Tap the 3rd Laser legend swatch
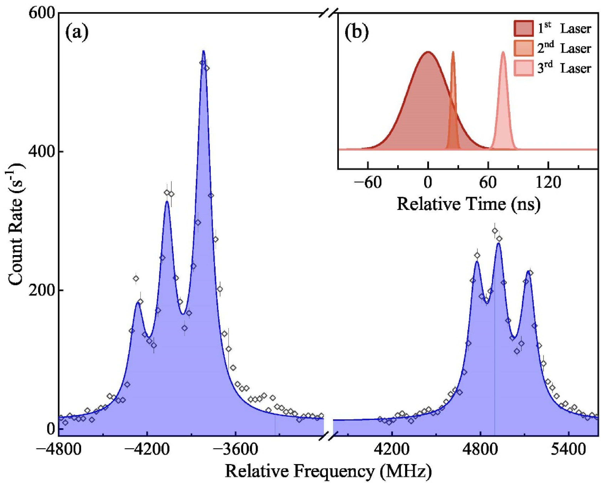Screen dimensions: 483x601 (x=524, y=68)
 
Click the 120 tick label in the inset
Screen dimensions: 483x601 (x=548, y=183)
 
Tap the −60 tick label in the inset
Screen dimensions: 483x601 (x=368, y=183)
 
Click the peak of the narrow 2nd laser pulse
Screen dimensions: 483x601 (x=453, y=52)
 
